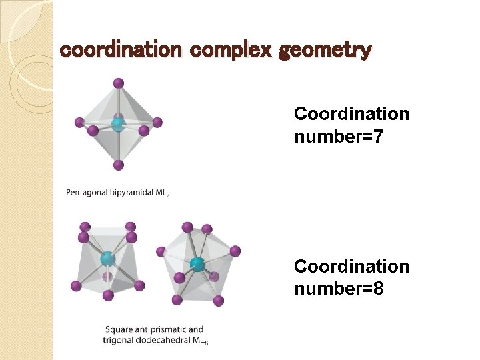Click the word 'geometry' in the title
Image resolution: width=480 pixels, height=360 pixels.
325,50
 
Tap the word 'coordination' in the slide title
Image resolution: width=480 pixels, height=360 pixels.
120,50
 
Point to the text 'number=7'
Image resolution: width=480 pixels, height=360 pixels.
339,137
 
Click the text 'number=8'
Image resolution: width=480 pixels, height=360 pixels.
339,290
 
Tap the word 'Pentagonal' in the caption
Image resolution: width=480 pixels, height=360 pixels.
87,193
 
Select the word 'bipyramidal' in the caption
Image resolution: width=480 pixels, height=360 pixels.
131,193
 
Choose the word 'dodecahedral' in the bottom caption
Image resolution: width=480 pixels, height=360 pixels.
165,341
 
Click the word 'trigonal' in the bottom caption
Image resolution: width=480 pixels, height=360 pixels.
119,341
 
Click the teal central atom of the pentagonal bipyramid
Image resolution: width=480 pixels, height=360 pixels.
118,123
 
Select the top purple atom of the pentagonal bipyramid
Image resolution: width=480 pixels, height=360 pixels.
119,83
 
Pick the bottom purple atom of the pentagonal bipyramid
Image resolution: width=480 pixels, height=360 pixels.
119,165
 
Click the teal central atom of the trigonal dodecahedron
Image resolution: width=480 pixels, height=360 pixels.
197,265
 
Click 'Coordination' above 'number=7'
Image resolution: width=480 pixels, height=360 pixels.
351,114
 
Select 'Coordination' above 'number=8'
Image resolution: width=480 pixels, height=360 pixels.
351,267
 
